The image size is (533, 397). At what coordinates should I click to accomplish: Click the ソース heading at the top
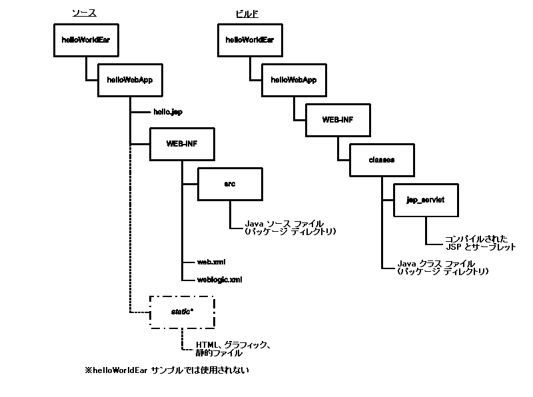(83, 13)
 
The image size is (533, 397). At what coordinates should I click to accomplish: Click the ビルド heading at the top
(247, 13)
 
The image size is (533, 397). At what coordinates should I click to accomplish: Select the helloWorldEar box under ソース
(85, 40)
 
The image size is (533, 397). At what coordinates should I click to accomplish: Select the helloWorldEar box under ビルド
(250, 40)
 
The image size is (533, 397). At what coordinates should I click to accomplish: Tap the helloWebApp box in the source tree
(129, 79)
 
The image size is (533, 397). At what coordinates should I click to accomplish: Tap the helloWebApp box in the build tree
(293, 79)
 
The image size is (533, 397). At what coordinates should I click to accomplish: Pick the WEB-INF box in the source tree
(182, 143)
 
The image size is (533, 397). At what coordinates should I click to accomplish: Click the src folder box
(231, 184)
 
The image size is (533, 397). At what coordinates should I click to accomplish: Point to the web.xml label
(211, 263)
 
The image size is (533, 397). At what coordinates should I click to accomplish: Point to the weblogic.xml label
(219, 280)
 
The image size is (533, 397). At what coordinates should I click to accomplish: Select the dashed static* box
(182, 311)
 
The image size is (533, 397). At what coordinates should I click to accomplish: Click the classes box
(382, 160)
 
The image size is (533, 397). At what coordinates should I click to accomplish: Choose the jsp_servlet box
(425, 199)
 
